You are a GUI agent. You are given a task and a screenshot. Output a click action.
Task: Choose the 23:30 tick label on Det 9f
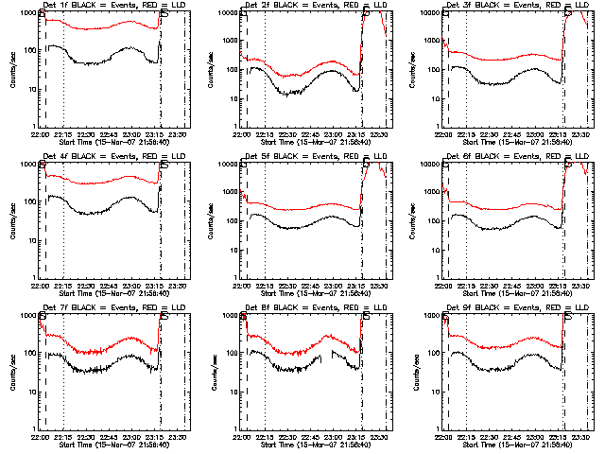pos(579,437)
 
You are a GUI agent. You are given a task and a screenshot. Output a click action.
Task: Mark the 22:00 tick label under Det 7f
pos(40,437)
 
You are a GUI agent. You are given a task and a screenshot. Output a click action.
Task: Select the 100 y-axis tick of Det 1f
pos(28,50)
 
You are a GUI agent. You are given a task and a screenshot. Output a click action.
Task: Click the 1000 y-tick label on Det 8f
pos(231,316)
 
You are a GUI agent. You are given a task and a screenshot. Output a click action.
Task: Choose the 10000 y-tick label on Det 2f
pos(227,13)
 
